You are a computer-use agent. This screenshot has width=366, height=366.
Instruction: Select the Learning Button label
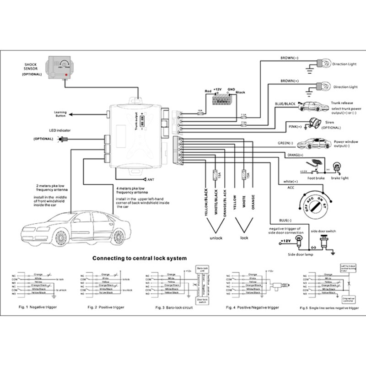tap(61, 114)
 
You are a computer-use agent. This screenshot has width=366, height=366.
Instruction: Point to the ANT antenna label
tap(149, 179)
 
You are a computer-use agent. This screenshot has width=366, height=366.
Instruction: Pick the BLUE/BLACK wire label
tap(285, 104)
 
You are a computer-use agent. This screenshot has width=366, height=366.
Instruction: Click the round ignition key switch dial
tap(316, 205)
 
